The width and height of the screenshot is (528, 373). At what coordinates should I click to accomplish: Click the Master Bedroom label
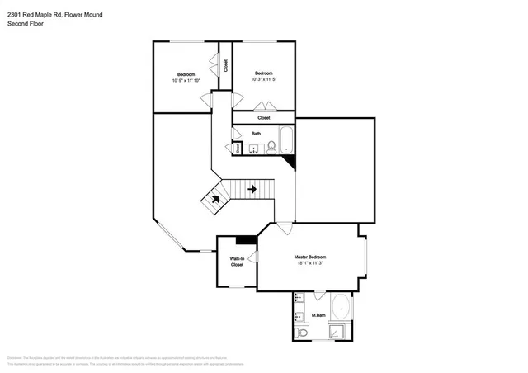[309, 257]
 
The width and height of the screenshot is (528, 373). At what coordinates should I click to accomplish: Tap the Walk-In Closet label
[237, 262]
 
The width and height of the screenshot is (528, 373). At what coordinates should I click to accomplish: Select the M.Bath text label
[317, 316]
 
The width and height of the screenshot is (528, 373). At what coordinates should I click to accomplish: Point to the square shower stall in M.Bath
[338, 332]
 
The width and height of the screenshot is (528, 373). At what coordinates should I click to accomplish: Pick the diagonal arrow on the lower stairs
[215, 198]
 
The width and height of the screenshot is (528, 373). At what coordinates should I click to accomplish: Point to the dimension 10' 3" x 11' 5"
[263, 79]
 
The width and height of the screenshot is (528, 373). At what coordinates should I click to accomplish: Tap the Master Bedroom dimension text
[309, 264]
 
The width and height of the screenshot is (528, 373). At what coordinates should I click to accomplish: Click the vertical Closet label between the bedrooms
[226, 66]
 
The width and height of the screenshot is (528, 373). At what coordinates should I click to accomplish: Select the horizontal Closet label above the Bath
[263, 117]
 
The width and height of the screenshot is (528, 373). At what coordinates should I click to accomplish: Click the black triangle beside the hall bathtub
[290, 162]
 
